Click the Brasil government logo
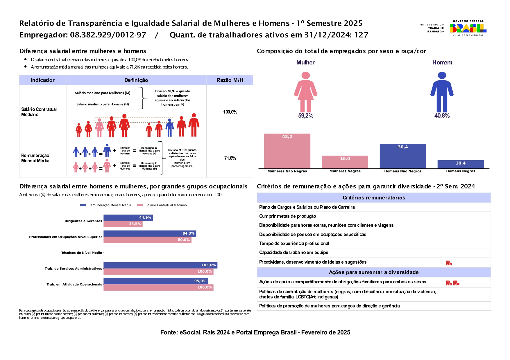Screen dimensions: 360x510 click(468, 28)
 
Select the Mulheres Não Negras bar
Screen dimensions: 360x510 click(287, 151)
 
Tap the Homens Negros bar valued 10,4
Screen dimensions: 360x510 click(461, 164)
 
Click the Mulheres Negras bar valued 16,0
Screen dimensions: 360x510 click(345, 162)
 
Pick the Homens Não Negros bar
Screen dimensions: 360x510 click(403, 156)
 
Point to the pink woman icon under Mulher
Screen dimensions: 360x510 click(305, 92)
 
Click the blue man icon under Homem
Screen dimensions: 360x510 click(442, 92)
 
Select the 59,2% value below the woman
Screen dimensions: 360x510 click(306, 116)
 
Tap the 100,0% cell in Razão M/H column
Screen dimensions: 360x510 click(230, 112)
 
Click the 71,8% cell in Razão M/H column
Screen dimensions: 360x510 click(230, 158)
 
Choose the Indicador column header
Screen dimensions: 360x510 click(43, 80)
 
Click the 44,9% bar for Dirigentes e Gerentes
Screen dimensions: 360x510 click(128, 217)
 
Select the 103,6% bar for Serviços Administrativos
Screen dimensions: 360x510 click(160, 265)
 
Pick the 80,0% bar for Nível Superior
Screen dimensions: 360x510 click(147, 240)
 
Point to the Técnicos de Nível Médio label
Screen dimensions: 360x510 click(82, 253)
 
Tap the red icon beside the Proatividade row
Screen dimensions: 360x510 click(449, 263)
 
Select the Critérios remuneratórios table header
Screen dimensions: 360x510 click(374, 198)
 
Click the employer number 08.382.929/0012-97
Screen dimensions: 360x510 click(108, 35)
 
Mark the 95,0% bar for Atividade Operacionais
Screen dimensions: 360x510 click(155, 281)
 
